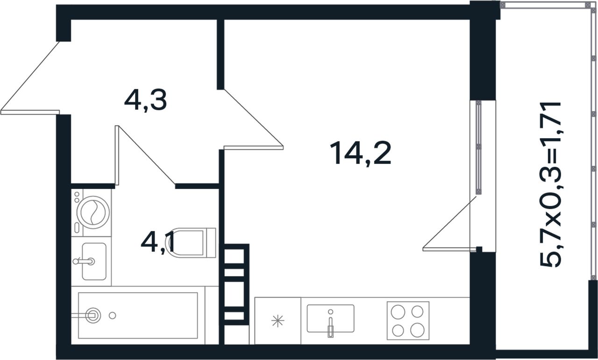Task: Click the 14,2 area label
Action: coord(360,154)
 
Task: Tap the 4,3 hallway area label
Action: coord(145,101)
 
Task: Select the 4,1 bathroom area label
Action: coord(157,243)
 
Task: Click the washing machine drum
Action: coord(93,212)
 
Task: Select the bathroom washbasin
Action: coord(94,261)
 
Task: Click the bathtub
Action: coord(138,316)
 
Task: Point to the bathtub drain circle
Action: coord(113,316)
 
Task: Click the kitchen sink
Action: coord(330,318)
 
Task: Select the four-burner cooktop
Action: coord(408,320)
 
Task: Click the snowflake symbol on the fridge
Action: coord(278,321)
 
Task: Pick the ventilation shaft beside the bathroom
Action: coord(234,284)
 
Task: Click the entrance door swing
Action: coord(30,78)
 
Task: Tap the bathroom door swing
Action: coord(145,155)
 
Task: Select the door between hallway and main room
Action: coord(254,119)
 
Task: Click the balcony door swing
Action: coord(449,224)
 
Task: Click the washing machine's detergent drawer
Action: coord(77,228)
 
